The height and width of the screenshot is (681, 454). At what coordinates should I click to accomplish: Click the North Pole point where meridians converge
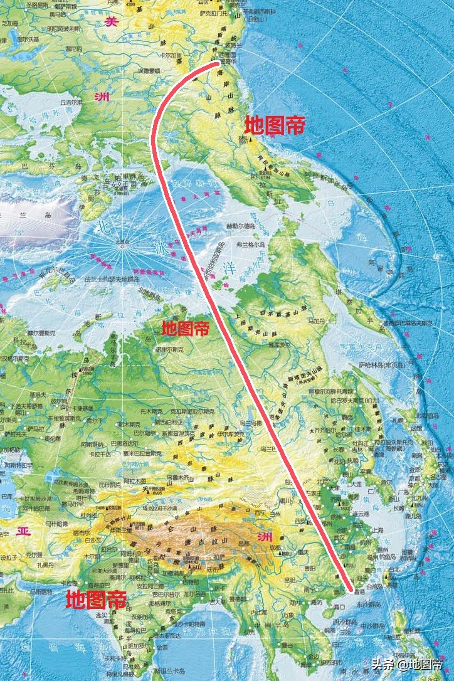click(122, 246)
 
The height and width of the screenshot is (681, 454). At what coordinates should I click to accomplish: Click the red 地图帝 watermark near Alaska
click(274, 125)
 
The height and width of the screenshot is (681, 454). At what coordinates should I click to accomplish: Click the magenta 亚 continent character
click(23, 532)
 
